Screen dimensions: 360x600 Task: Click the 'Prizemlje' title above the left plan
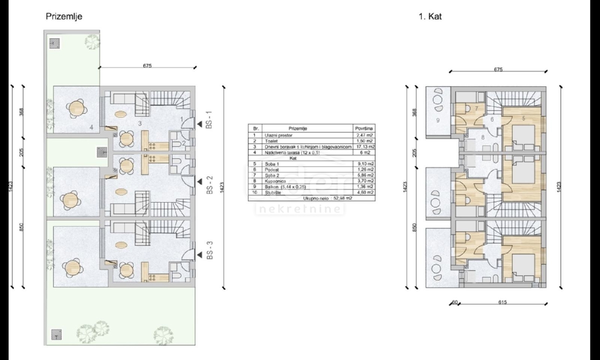pyautogui.click(x=64, y=16)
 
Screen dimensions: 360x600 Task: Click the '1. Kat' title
pyautogui.click(x=430, y=16)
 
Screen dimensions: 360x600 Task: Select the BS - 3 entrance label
pyautogui.click(x=209, y=250)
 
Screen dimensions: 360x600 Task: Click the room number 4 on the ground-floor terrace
pyautogui.click(x=91, y=127)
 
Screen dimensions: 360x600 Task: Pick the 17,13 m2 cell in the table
pyautogui.click(x=363, y=147)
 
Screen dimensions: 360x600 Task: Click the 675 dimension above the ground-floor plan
pyautogui.click(x=147, y=65)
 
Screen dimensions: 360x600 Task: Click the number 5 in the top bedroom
pyautogui.click(x=523, y=118)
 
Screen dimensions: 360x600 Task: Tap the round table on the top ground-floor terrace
pyautogui.click(x=76, y=107)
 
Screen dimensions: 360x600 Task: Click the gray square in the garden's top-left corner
pyautogui.click(x=54, y=42)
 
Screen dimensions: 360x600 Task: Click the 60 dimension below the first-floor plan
pyautogui.click(x=454, y=302)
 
